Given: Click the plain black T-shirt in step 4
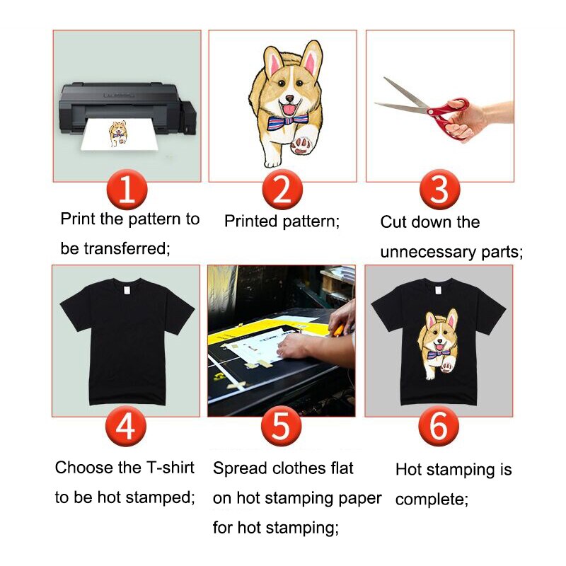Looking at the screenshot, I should [x=126, y=340].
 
